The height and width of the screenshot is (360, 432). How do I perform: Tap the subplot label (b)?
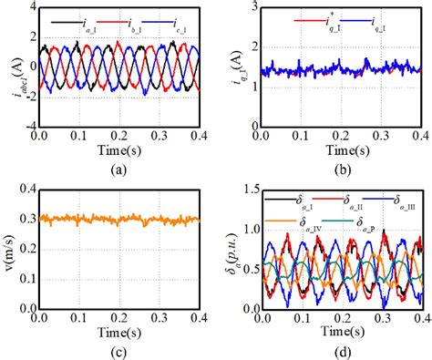tap(334, 170)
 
